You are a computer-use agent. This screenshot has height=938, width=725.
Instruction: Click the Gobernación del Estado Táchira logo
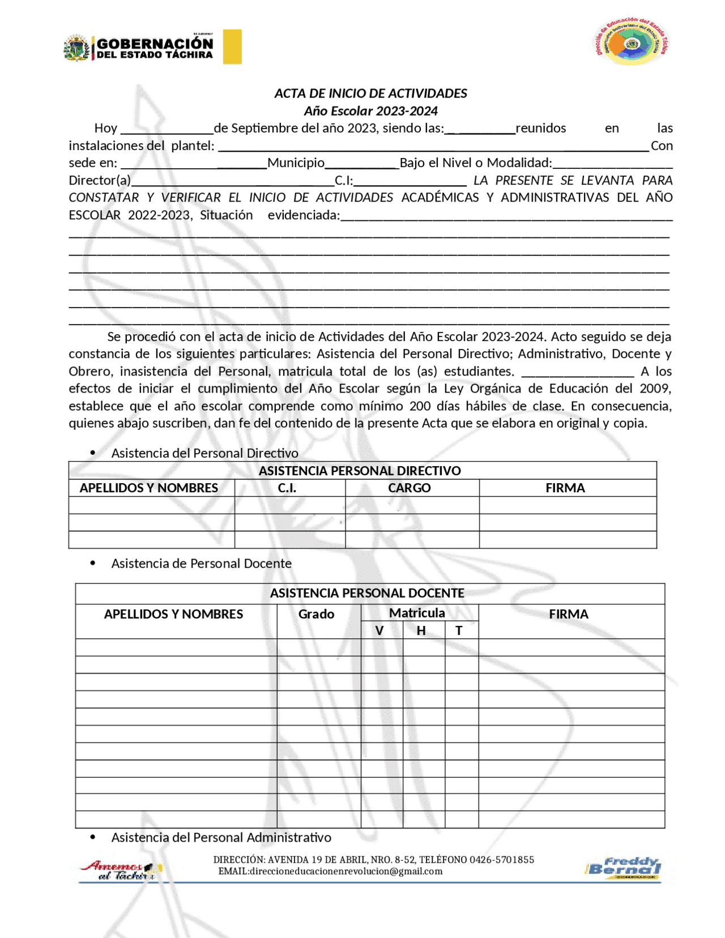[x=139, y=48]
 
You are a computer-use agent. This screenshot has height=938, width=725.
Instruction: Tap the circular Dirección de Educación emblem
[x=632, y=44]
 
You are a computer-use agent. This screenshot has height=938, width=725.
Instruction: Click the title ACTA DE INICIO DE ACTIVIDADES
[x=370, y=93]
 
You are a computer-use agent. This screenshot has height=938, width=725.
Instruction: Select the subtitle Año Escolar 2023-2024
[x=370, y=111]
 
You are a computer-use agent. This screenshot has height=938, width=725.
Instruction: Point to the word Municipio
[x=296, y=163]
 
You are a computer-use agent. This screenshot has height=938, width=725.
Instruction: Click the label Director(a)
[x=100, y=181]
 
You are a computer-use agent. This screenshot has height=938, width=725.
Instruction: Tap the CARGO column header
[x=409, y=488]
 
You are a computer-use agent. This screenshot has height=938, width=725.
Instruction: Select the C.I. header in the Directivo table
[x=287, y=488]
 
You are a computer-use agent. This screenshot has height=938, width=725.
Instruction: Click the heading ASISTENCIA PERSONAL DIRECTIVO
[x=360, y=471]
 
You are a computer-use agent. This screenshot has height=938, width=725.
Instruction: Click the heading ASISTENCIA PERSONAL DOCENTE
[x=367, y=593]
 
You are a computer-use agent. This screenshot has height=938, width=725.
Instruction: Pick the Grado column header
[x=316, y=614]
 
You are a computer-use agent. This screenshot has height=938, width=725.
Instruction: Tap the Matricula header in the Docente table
[x=417, y=613]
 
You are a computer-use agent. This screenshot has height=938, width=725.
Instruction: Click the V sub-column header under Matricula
[x=379, y=630]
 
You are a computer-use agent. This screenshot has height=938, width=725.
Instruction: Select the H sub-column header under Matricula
[x=421, y=630]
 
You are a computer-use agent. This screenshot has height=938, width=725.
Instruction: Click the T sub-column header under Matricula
[x=459, y=630]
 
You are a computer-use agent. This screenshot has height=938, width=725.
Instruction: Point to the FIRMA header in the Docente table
[x=568, y=614]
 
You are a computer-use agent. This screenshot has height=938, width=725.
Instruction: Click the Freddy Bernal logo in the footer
[x=623, y=867]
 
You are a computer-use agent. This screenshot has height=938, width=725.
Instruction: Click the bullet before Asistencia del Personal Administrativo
[x=93, y=837]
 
